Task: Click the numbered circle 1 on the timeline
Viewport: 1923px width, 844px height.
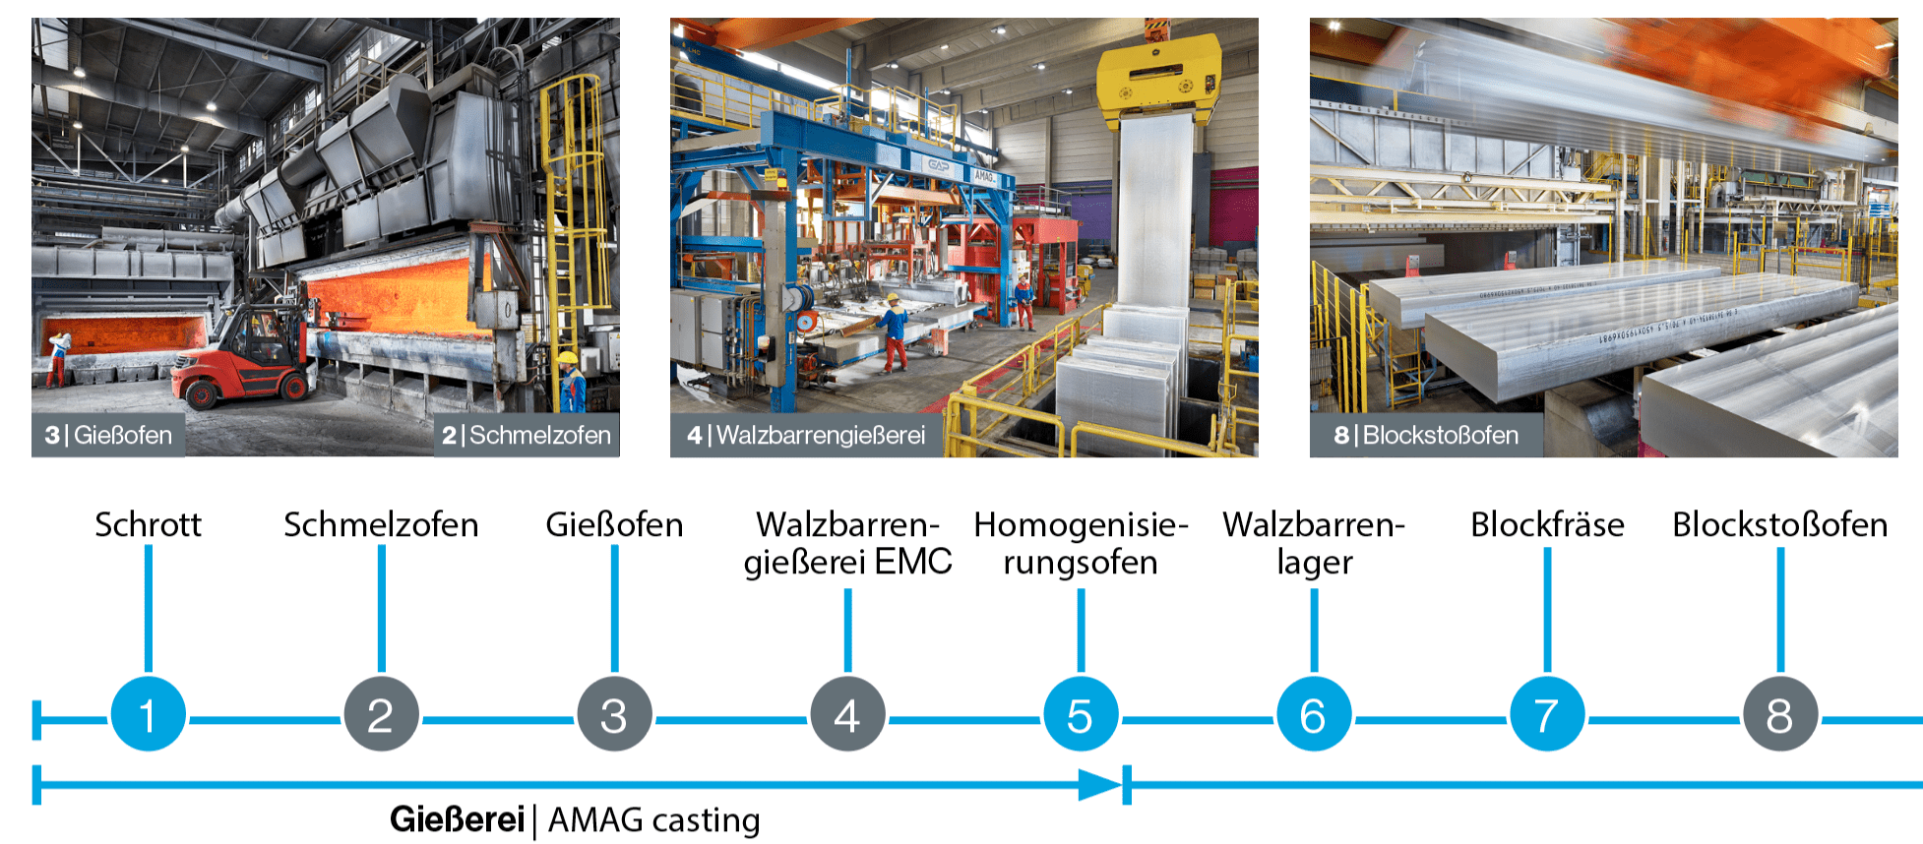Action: (x=148, y=714)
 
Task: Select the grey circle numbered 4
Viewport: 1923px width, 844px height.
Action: (x=847, y=714)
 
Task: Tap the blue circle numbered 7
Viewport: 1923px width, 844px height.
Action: (x=1547, y=714)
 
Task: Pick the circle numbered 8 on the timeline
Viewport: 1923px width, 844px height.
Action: (x=1780, y=714)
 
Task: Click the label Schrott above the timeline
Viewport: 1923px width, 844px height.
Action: (x=148, y=524)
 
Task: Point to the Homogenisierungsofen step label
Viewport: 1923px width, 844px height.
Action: (x=1081, y=543)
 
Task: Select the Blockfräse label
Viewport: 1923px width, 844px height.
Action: (x=1547, y=524)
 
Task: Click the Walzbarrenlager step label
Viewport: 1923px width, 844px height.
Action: (x=1314, y=543)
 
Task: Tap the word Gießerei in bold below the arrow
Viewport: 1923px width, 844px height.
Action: (x=457, y=819)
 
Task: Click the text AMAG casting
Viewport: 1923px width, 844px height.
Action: (x=654, y=819)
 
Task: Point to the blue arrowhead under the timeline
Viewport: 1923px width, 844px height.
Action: (x=1100, y=785)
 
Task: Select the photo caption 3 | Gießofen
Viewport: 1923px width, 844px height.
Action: (x=108, y=435)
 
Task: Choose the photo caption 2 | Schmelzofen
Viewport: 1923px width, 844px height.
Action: (x=527, y=435)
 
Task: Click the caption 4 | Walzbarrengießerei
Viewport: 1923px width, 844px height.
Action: (x=806, y=435)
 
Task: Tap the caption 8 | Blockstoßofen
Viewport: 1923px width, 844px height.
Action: (x=1426, y=435)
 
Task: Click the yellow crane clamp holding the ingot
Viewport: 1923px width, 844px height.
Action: (x=1158, y=79)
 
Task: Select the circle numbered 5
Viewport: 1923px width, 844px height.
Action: (x=1081, y=714)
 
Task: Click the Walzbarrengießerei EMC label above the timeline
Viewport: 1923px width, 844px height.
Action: (x=847, y=543)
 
